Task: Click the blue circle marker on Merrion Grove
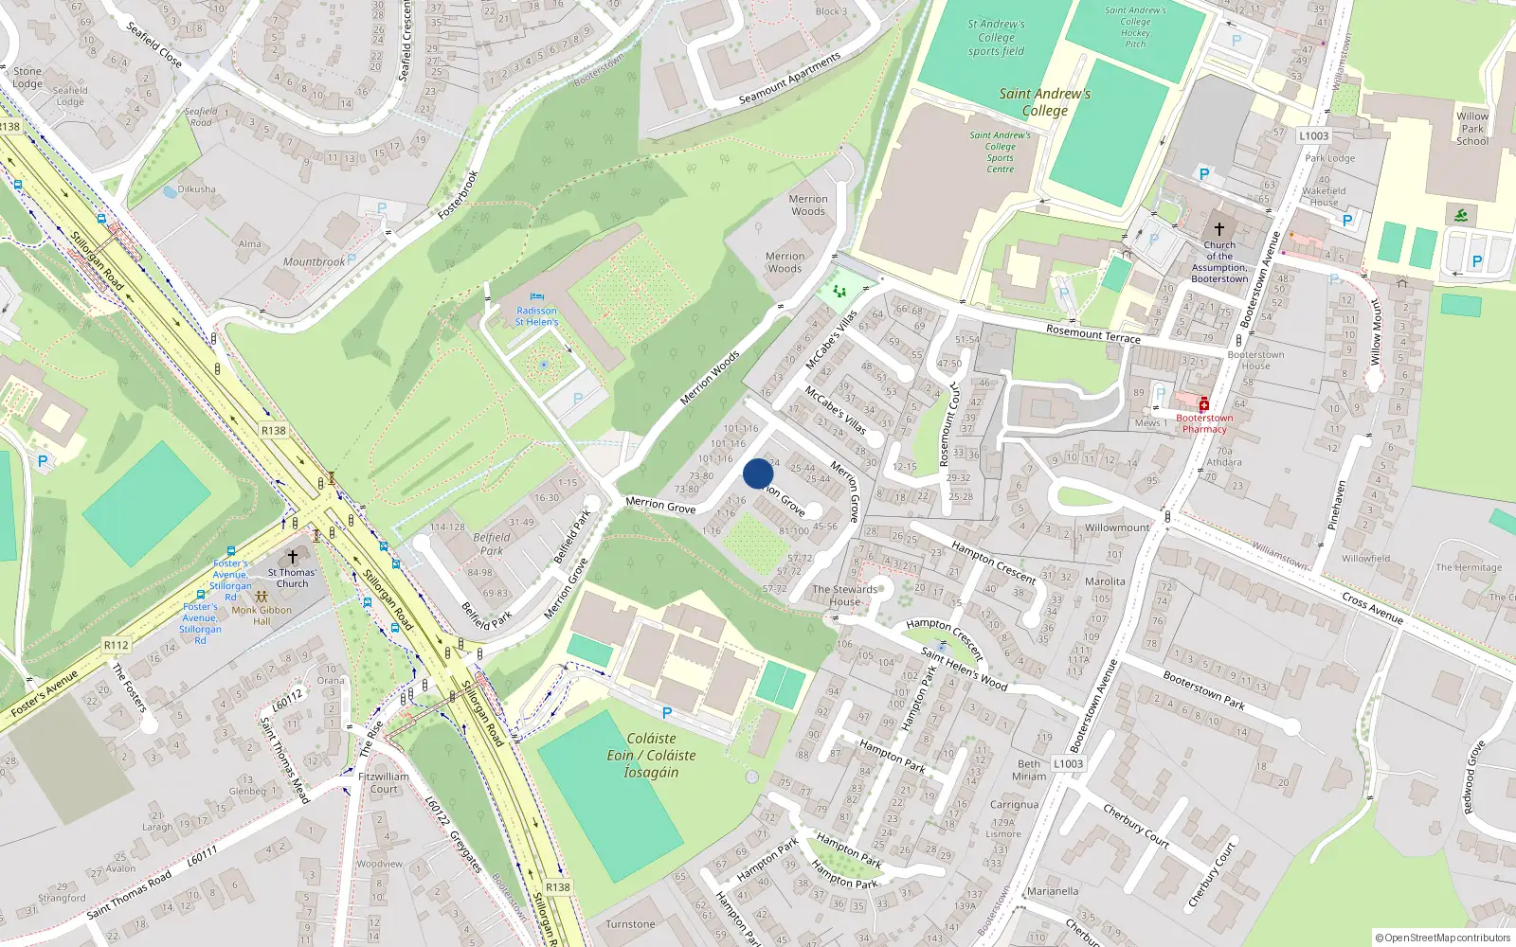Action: click(x=758, y=473)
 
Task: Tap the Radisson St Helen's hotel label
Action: click(x=536, y=316)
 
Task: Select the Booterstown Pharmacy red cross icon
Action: click(x=1203, y=404)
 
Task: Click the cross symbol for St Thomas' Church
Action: click(x=293, y=557)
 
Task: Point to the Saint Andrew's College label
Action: click(x=1044, y=101)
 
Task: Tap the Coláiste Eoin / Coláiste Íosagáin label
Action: click(x=651, y=755)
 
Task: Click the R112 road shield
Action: click(x=116, y=645)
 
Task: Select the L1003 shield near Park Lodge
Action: click(x=1313, y=136)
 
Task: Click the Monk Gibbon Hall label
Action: click(x=262, y=615)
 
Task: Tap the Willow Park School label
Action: click(x=1471, y=129)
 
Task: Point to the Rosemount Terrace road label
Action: click(x=1092, y=333)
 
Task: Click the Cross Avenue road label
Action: click(x=1372, y=607)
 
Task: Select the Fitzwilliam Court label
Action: click(x=384, y=782)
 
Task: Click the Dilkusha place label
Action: click(x=196, y=189)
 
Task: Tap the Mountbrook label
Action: click(x=314, y=262)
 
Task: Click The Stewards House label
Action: click(x=845, y=595)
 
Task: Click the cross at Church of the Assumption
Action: click(x=1219, y=229)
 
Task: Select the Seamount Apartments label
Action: click(x=789, y=79)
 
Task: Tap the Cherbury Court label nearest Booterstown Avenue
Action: click(x=1136, y=825)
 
